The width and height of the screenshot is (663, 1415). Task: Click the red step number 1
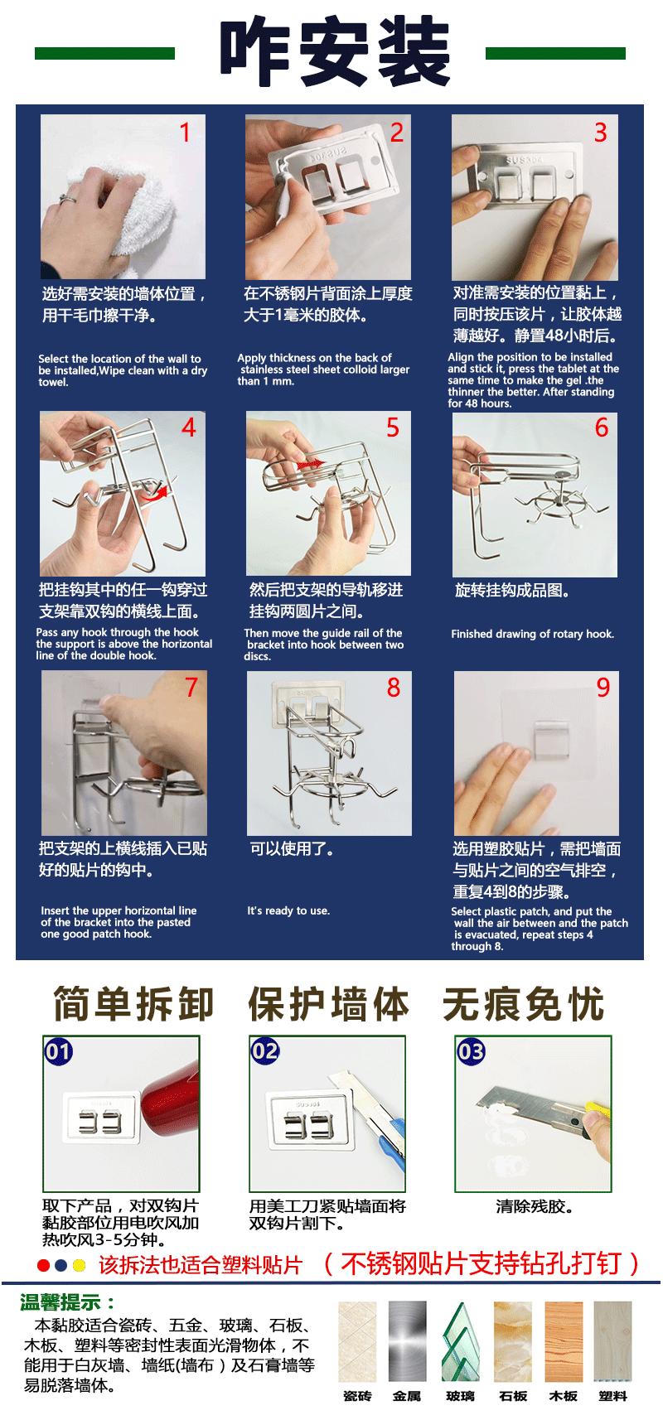(185, 133)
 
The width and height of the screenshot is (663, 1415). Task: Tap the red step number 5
(393, 427)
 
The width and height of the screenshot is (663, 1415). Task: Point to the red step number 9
(603, 688)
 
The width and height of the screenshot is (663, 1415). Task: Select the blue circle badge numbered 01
(58, 1052)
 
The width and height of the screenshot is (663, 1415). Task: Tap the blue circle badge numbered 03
(471, 1052)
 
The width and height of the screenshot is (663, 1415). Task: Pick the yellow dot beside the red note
(79, 1265)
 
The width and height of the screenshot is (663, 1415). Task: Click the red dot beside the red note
(44, 1265)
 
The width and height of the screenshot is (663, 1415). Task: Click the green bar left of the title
(104, 54)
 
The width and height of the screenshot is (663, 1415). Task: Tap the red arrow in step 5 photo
(310, 464)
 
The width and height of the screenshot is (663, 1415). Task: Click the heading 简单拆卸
(133, 1004)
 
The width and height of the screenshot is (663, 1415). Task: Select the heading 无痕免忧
(523, 1004)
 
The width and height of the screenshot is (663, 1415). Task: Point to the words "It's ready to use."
(288, 911)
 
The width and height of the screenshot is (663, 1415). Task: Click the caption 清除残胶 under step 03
(535, 1206)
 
